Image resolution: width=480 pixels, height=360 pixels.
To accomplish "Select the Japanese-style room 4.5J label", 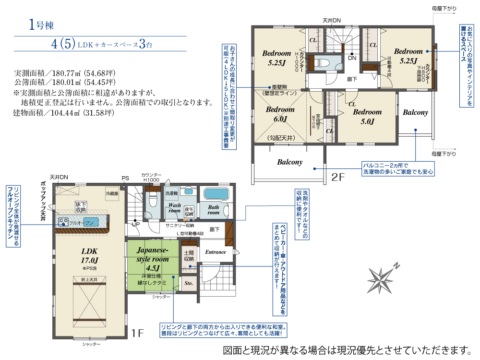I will tap(152, 259).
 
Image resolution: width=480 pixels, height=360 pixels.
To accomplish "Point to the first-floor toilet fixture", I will tap(153, 200).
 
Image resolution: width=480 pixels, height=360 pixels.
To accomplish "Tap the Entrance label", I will tap(216, 252).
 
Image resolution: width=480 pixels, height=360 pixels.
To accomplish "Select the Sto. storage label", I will tap(189, 283).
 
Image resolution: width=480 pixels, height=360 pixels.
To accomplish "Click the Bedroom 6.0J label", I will tap(280, 114).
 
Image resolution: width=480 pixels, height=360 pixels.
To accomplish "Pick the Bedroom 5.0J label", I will tap(367, 117).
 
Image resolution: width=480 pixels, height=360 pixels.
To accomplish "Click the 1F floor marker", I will tap(138, 333).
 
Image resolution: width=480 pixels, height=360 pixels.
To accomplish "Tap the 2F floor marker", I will tap(338, 177).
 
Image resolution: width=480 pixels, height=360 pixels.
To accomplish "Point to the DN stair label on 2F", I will tap(352, 58).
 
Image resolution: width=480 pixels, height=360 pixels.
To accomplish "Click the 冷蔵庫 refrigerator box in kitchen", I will tap(112, 193).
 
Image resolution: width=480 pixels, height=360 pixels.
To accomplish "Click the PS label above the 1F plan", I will tap(125, 178).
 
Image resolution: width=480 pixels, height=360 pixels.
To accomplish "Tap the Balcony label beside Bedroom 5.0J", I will tap(415, 112).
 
